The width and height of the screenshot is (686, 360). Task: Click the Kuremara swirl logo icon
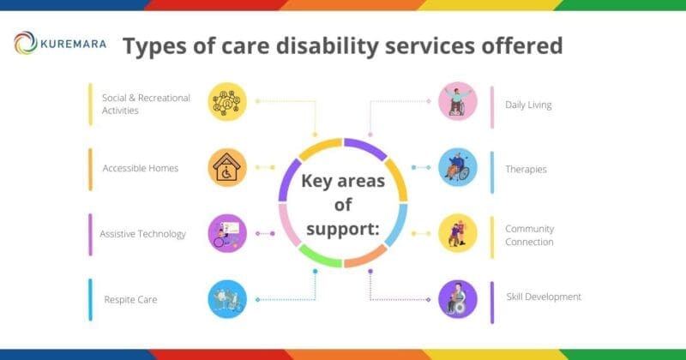tap(26, 43)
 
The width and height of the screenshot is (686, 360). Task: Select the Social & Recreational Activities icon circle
tap(227, 101)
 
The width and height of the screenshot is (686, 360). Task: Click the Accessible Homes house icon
tap(227, 167)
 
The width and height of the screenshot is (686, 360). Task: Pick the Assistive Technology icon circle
tap(227, 233)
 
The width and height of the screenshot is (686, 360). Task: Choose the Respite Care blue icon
tap(227, 299)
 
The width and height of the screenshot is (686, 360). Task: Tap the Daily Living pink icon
tap(457, 101)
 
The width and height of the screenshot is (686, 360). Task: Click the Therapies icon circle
tap(457, 167)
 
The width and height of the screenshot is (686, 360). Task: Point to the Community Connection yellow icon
tap(457, 233)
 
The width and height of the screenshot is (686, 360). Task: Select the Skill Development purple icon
tap(457, 299)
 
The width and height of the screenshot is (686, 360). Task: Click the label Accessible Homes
tap(140, 168)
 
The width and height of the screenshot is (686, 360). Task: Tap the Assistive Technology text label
tap(142, 234)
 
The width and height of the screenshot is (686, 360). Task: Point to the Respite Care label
tap(130, 300)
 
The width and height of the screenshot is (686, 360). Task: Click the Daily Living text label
tap(528, 105)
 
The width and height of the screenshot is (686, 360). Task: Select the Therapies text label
tap(526, 170)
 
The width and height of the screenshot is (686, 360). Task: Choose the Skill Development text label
tap(543, 297)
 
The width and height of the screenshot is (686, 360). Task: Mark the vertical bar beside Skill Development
tap(491, 302)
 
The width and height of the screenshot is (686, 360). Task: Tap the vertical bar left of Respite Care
tap(90, 300)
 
